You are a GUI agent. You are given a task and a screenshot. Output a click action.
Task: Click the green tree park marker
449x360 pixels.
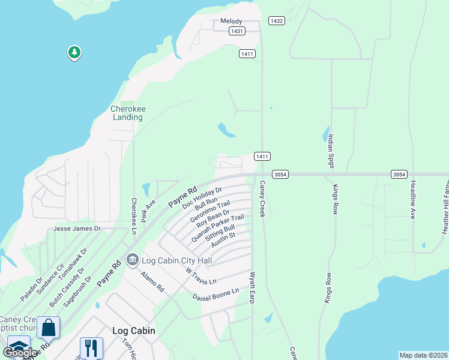(x=74, y=53)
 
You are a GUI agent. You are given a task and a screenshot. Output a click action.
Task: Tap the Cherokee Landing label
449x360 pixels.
(x=128, y=113)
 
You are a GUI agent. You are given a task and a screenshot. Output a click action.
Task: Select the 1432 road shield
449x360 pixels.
(x=276, y=21)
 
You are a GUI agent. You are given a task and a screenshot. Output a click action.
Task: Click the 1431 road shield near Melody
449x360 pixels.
(x=237, y=31)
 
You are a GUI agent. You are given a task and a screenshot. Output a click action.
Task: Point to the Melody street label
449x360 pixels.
(x=231, y=22)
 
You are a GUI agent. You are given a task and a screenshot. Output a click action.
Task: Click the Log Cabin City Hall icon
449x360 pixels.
(x=132, y=259)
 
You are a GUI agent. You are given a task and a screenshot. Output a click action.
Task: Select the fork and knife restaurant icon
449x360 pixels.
(x=91, y=347)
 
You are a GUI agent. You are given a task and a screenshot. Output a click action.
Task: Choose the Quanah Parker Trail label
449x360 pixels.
(x=217, y=228)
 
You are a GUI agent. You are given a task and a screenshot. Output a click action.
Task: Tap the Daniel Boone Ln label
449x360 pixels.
(x=215, y=294)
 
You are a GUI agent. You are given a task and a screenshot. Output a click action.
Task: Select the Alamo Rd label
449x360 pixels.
(x=152, y=281)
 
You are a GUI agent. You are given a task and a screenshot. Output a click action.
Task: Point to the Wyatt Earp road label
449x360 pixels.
(x=253, y=288)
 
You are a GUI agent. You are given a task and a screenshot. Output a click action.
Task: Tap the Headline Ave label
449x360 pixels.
(x=413, y=200)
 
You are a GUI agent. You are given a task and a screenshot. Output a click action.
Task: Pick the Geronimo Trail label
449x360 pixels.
(x=209, y=212)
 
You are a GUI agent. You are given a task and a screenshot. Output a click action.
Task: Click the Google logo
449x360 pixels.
(x=20, y=353)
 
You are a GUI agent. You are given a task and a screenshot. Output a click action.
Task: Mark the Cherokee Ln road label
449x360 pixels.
(x=134, y=213)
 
